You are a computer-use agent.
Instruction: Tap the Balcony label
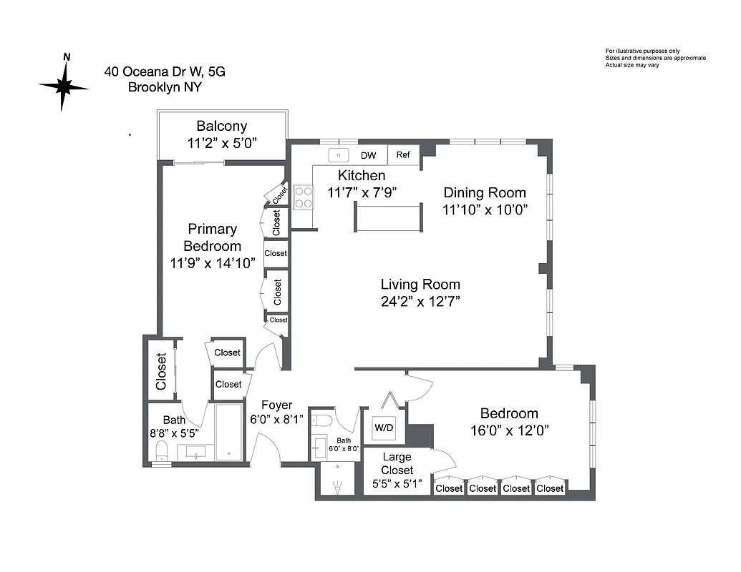pyautogui.click(x=222, y=127)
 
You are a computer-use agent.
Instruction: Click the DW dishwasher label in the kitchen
pyautogui.click(x=368, y=155)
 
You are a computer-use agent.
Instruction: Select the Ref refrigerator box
pyautogui.click(x=403, y=155)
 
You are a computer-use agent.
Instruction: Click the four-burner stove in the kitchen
pyautogui.click(x=304, y=197)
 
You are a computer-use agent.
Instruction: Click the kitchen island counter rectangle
pyautogui.click(x=388, y=217)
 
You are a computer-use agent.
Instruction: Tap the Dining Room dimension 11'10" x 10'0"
pyautogui.click(x=485, y=210)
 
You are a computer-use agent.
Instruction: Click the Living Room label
pyautogui.click(x=420, y=285)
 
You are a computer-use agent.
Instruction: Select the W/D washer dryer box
pyautogui.click(x=384, y=428)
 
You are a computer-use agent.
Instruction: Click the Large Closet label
pyautogui.click(x=397, y=463)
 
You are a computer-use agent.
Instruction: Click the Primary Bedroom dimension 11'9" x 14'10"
pyautogui.click(x=212, y=263)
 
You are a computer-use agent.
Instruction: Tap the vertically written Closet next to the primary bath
pyautogui.click(x=161, y=372)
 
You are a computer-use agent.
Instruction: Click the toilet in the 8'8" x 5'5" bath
pyautogui.click(x=162, y=451)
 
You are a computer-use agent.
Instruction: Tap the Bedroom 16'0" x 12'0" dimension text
pyautogui.click(x=509, y=430)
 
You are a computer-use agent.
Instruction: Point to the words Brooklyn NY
pyautogui.click(x=165, y=88)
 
